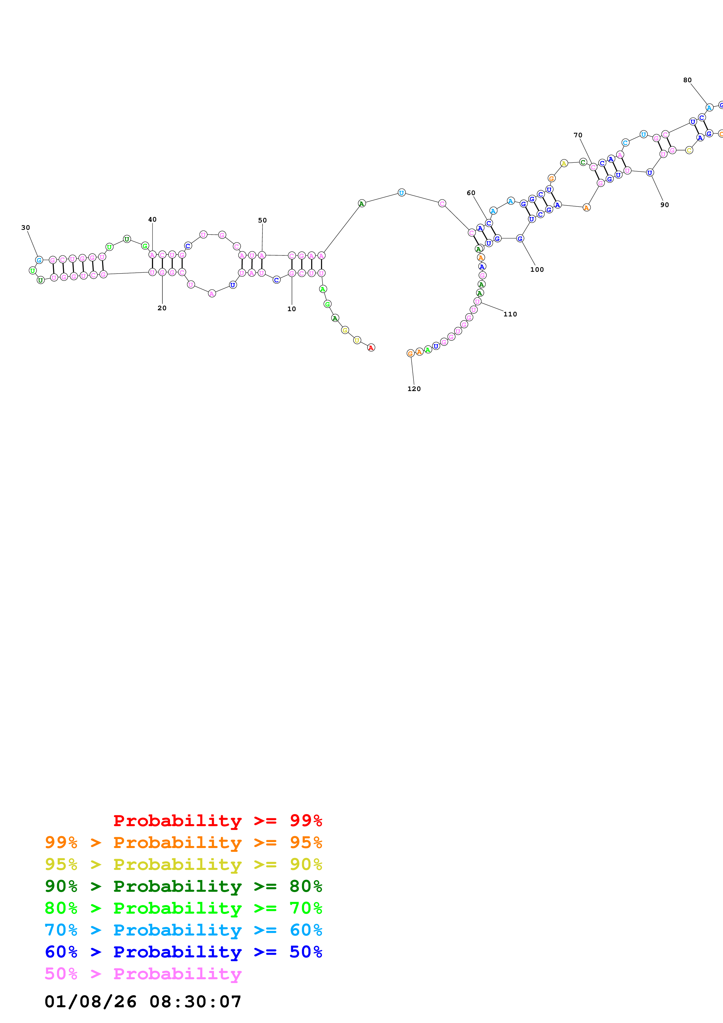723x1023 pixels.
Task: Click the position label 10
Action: point(291,309)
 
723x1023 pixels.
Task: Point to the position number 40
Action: point(152,219)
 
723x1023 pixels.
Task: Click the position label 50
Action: point(262,220)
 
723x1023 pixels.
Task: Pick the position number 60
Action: point(471,193)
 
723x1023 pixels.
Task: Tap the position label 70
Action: point(578,135)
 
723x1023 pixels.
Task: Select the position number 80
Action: point(687,80)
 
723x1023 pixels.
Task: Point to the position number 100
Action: point(537,269)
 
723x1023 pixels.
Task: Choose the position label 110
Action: point(510,314)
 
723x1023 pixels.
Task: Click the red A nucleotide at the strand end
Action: point(371,348)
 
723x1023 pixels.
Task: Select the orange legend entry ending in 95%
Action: point(183,842)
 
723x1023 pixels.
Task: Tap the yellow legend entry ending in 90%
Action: point(183,864)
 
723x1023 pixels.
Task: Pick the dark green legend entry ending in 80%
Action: point(183,886)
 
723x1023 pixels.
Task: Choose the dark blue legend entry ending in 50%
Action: point(183,952)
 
